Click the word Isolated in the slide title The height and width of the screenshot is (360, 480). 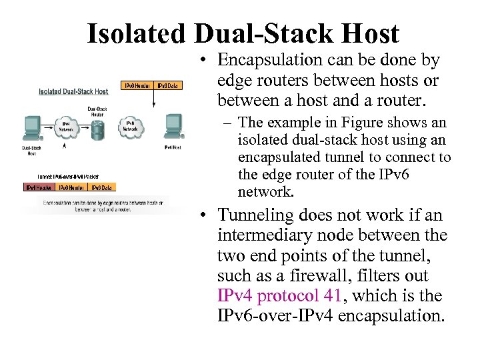137,33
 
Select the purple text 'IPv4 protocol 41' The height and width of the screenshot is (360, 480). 279,295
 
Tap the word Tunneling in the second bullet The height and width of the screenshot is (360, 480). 258,215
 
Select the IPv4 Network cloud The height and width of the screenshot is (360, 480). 67,127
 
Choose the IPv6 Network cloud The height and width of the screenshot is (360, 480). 131,126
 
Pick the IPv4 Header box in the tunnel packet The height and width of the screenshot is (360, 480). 39,187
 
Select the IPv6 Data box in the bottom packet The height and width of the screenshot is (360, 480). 103,187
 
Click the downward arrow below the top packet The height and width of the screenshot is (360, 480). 153,99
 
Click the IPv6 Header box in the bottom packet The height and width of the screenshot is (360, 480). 71,187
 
